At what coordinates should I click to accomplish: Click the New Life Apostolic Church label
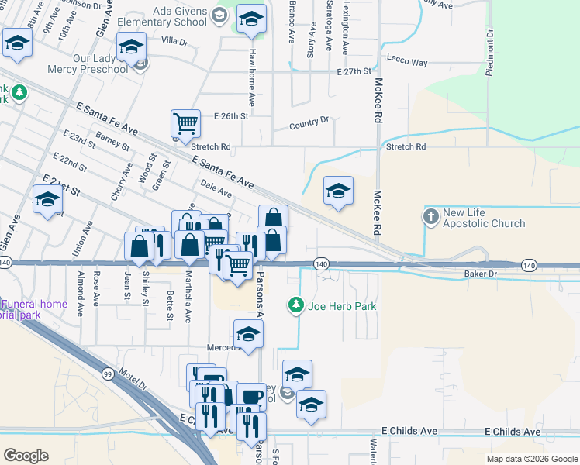tap(484, 218)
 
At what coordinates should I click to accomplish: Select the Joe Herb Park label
tap(342, 306)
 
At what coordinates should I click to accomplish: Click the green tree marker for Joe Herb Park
tap(295, 306)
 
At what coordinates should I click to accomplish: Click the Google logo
tap(26, 455)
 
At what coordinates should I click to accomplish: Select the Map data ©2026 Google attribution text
tap(532, 459)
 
